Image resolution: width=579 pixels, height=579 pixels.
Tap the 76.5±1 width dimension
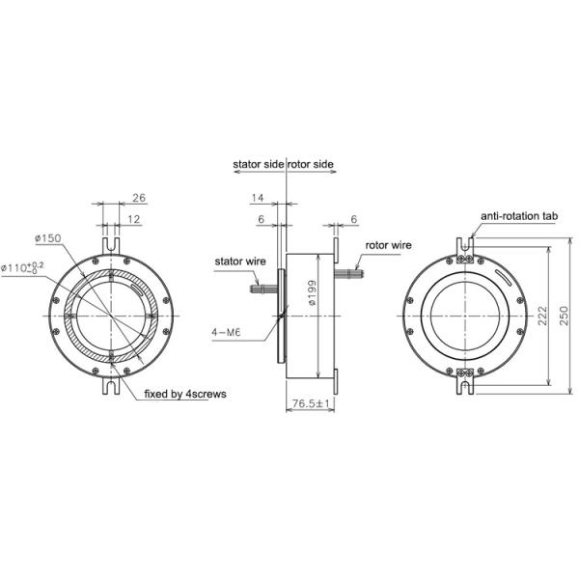point(310,402)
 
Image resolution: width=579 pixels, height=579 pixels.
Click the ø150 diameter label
point(47,237)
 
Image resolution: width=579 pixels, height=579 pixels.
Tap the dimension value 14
point(256,198)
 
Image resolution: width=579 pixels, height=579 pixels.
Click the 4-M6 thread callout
point(225,332)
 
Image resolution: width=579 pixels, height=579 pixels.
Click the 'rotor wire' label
point(388,245)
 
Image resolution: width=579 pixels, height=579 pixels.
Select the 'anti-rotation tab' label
point(518,217)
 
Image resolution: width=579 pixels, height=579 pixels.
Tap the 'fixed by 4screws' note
point(184,394)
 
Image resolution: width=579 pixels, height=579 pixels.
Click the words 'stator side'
point(258,165)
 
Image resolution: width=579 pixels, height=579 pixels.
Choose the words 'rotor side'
point(312,165)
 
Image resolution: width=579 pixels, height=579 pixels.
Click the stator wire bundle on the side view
point(263,287)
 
